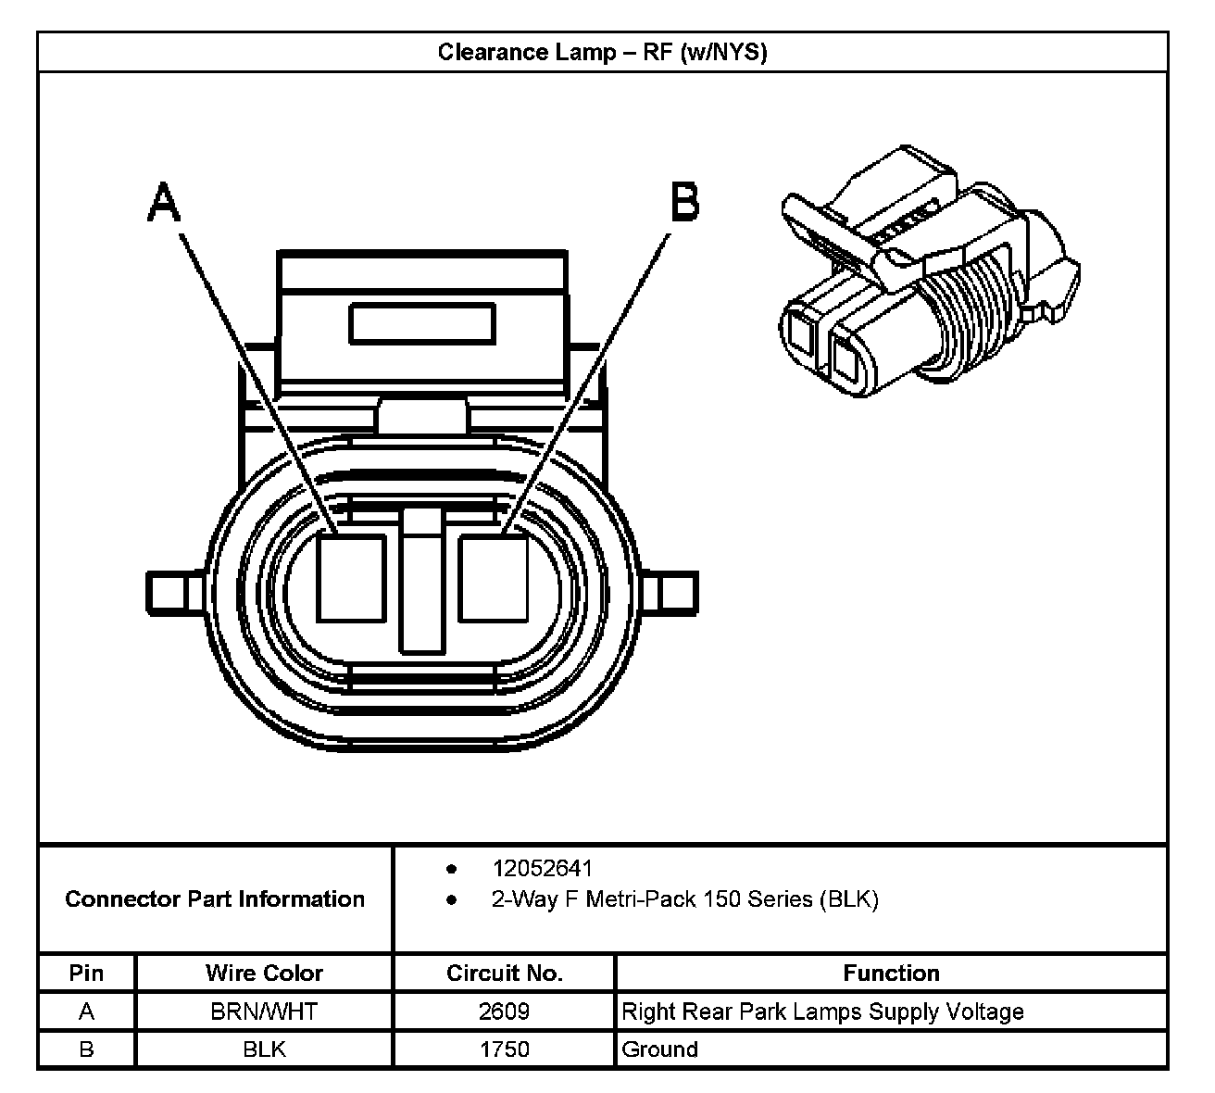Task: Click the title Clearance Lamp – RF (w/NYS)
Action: click(602, 52)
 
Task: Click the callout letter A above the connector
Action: click(164, 202)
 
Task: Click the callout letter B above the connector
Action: click(684, 201)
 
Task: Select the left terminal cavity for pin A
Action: click(351, 578)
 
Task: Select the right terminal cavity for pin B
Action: click(494, 578)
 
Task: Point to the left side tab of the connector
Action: click(176, 590)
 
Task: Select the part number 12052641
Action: click(543, 869)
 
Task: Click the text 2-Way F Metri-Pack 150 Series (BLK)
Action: click(684, 899)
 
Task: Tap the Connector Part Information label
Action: click(215, 899)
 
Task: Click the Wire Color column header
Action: click(264, 974)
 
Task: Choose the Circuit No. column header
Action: click(504, 974)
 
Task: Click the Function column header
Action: click(891, 974)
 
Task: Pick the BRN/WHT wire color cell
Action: click(264, 1011)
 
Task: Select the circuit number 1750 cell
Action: click(504, 1049)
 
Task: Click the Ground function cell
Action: click(660, 1049)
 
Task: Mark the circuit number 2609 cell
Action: click(504, 1011)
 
